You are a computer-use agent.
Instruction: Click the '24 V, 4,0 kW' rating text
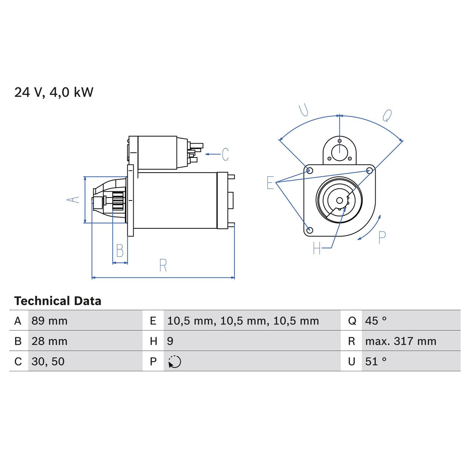pyautogui.click(x=54, y=92)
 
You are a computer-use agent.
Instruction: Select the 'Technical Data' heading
pyautogui.click(x=58, y=301)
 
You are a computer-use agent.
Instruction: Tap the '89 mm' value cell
pyautogui.click(x=50, y=321)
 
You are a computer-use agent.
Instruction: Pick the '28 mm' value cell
pyautogui.click(x=50, y=341)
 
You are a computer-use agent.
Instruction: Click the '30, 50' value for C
pyautogui.click(x=48, y=361)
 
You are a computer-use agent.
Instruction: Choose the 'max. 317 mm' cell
pyautogui.click(x=401, y=341)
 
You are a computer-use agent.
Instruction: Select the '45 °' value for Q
pyautogui.click(x=376, y=321)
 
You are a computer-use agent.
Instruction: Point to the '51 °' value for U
pyautogui.click(x=376, y=361)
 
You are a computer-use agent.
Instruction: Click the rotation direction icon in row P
pyautogui.click(x=175, y=362)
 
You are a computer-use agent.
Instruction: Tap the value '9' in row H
pyautogui.click(x=170, y=341)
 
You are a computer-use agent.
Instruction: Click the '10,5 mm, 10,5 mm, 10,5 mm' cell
pyautogui.click(x=243, y=321)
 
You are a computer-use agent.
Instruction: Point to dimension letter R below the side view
pyautogui.click(x=163, y=265)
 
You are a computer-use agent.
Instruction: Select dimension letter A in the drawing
pyautogui.click(x=73, y=199)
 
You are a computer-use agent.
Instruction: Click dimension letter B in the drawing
pyautogui.click(x=120, y=251)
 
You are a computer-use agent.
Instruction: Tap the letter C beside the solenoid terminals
pyautogui.click(x=225, y=155)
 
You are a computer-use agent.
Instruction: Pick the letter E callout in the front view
pyautogui.click(x=270, y=182)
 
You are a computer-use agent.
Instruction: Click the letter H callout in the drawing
pyautogui.click(x=317, y=249)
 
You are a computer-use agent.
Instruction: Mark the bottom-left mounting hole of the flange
pyautogui.click(x=310, y=230)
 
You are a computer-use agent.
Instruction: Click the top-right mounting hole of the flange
pyautogui.click(x=370, y=170)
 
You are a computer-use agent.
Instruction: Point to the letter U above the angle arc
pyautogui.click(x=304, y=110)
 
